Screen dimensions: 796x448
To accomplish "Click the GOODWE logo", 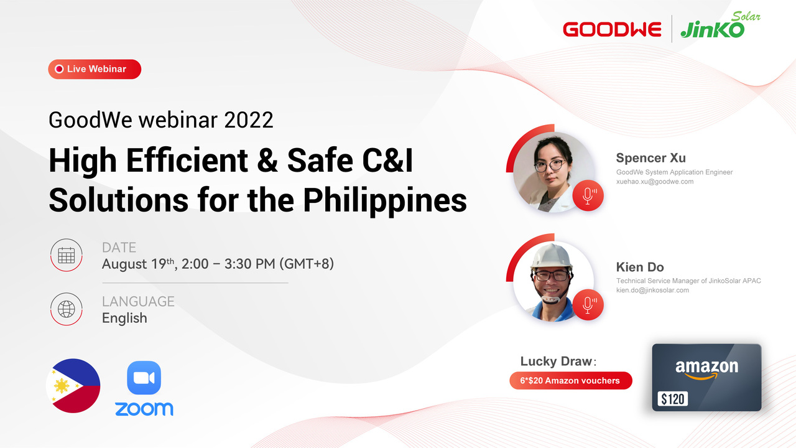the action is tap(612, 29).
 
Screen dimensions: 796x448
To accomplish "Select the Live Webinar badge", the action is tap(95, 69).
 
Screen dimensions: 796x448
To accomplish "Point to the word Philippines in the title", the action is tap(385, 200).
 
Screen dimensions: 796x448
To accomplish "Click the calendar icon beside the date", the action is tap(66, 255).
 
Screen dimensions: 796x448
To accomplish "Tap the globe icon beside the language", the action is tap(66, 309).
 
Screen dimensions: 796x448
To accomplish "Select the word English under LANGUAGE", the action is tap(124, 318).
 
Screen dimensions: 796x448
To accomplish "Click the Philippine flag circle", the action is tap(73, 386).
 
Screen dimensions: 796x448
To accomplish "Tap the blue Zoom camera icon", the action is tap(144, 378).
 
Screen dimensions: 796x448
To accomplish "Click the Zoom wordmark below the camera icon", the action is tap(144, 409).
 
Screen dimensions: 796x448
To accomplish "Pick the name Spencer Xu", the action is tap(650, 158).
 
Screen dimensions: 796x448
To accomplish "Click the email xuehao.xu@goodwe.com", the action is tap(655, 182).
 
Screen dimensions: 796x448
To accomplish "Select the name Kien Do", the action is tap(640, 267).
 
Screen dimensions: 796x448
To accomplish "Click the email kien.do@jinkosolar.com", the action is tap(652, 290).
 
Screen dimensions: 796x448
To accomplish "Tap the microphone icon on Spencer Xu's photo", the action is tap(588, 196).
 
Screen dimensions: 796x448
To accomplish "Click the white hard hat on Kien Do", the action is tap(551, 256).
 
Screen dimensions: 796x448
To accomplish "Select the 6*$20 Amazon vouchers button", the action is tap(571, 381).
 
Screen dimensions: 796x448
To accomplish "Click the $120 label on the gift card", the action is tap(673, 399).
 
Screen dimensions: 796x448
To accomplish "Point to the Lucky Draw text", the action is tap(558, 362).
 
